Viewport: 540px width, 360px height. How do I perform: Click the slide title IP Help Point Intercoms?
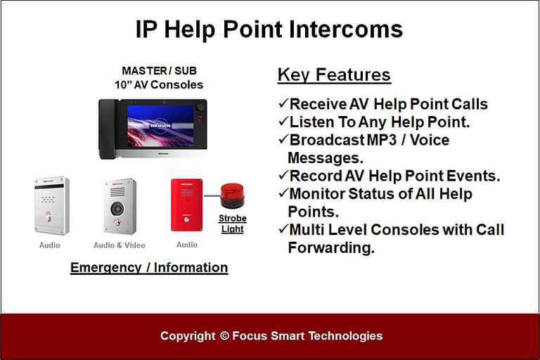pos(269,30)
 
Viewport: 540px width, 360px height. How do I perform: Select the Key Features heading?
pos(334,75)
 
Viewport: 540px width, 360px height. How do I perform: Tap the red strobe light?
pos(232,195)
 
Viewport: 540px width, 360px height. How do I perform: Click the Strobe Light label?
pos(232,224)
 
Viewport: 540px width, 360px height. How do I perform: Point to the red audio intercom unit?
pos(187,205)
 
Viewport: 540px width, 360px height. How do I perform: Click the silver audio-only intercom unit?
pos(51,205)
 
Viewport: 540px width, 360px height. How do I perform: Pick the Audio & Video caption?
pos(120,245)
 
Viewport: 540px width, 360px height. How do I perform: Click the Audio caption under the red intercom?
pos(187,245)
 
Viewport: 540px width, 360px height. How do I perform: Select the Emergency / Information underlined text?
pos(149,267)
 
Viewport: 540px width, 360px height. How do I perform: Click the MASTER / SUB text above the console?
pos(158,71)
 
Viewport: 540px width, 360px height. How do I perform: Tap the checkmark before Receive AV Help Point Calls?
pos(283,104)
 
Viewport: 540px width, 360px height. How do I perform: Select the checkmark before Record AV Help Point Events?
pos(283,176)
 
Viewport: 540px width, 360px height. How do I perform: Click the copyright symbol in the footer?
pos(225,336)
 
